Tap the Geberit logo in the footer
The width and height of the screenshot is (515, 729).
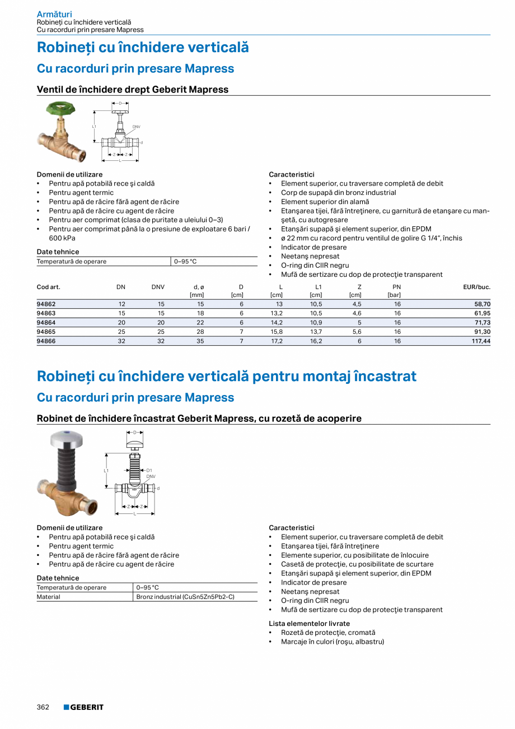pos(83,707)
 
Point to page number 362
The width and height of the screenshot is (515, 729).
pos(43,707)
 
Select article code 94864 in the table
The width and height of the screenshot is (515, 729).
pos(46,323)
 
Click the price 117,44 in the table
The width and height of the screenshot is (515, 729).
pos(479,341)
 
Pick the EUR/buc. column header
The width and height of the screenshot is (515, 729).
pos(476,287)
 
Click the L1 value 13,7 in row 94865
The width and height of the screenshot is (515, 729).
pos(316,332)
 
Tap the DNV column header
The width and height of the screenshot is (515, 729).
pos(158,287)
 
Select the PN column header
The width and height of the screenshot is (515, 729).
pos(397,287)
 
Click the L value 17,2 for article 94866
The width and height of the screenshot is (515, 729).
pos(277,341)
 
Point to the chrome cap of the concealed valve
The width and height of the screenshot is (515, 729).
pos(67,438)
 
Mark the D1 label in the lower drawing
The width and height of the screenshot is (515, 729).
pos(149,470)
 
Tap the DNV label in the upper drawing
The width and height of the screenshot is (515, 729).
pos(136,127)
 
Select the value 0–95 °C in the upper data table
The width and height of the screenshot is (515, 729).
pos(185,261)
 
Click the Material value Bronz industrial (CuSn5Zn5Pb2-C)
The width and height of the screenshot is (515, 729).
pos(185,597)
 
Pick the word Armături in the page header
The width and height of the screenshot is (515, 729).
pos(54,14)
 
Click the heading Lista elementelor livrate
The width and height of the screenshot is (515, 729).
pos(309,623)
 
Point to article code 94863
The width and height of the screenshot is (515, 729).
pos(46,313)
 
